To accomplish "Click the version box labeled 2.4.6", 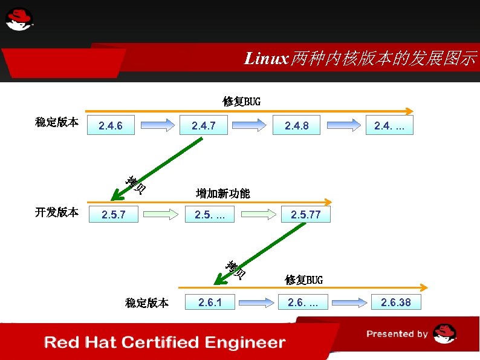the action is pos(111,126).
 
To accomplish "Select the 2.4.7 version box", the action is pos(203,126).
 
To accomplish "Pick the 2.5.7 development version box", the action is pos(113,214).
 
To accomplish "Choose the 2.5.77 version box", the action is pos(306,214).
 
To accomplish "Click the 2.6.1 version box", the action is pos(209,302).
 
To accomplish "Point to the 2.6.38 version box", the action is pos(395,302).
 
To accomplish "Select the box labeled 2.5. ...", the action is pos(209,214).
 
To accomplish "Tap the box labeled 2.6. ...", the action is pos(302,302).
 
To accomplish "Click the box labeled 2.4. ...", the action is pos(389,126).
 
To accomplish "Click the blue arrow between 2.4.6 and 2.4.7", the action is pos(157,126).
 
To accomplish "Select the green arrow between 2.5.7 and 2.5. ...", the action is pos(161,214).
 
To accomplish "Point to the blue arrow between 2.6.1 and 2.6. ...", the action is pos(256,302).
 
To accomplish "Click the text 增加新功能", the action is pos(222,194).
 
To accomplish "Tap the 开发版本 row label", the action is pos(56,212).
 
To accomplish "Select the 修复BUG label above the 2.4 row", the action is pos(241,101).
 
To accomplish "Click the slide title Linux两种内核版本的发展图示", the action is pos(360,59).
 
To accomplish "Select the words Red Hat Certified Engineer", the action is pos(164,342).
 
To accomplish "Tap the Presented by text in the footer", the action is pos(397,334).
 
